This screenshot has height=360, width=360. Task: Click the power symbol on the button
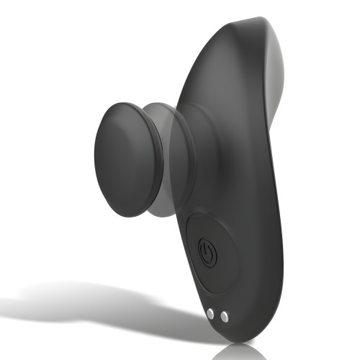(x=207, y=253)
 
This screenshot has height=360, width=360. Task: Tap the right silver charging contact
(x=224, y=316)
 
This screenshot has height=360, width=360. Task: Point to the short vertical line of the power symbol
(x=207, y=248)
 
